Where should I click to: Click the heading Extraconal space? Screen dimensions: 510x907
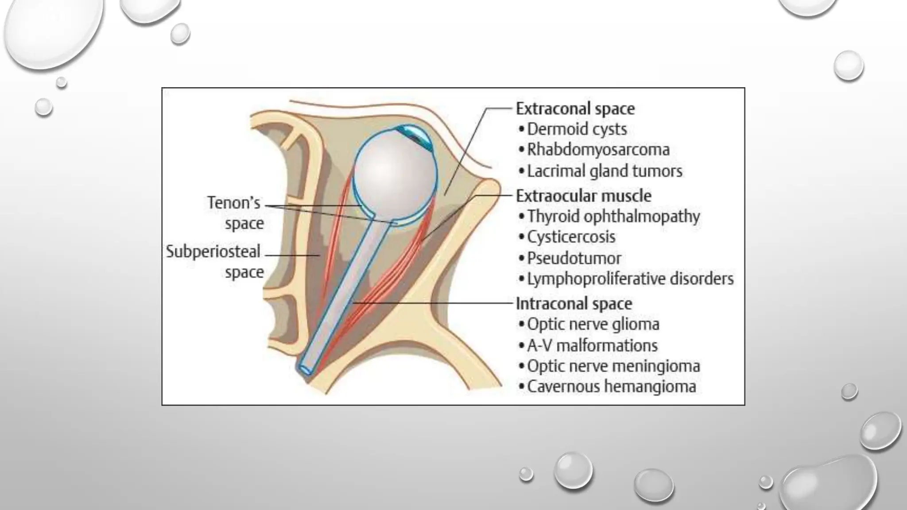coord(575,109)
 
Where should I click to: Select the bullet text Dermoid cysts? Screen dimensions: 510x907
coord(577,129)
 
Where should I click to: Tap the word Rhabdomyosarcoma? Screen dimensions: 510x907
coord(598,150)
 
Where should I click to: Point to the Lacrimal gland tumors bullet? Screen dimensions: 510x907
coord(604,171)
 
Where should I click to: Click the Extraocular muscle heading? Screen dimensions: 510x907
coord(583,196)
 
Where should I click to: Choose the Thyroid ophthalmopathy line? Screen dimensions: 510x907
coord(613,216)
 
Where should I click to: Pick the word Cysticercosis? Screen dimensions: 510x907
coord(571,237)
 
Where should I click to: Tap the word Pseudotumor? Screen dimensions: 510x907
coord(574,258)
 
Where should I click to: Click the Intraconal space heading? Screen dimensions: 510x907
coord(574,304)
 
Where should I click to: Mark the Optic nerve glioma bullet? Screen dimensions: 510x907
coord(593,325)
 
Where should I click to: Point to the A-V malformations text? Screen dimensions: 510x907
coord(592,345)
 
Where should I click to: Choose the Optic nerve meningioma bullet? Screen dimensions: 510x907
coord(613,366)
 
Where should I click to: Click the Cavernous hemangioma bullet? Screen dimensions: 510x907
coord(611,387)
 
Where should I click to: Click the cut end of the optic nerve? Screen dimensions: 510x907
coord(306,369)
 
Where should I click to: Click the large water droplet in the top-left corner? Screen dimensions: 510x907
coord(51,31)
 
